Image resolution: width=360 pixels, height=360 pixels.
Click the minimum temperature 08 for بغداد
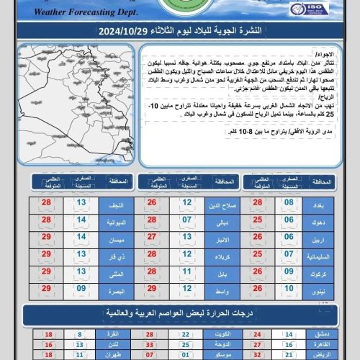(x=289, y=204)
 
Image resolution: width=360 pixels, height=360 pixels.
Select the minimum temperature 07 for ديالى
(x=186, y=221)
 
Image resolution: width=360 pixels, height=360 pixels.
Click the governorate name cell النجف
(x=116, y=204)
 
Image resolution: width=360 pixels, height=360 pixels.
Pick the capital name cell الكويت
(x=220, y=335)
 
